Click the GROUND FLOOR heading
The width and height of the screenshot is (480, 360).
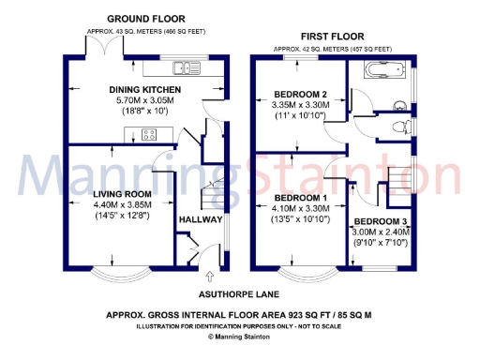(x=145, y=19)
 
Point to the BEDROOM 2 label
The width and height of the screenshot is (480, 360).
(x=300, y=94)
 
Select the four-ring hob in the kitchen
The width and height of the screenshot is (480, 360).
(x=148, y=132)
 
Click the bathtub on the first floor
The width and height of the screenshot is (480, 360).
(x=385, y=67)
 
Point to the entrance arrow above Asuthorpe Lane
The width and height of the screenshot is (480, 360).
(x=208, y=277)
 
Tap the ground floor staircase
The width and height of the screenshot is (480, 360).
(x=213, y=184)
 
